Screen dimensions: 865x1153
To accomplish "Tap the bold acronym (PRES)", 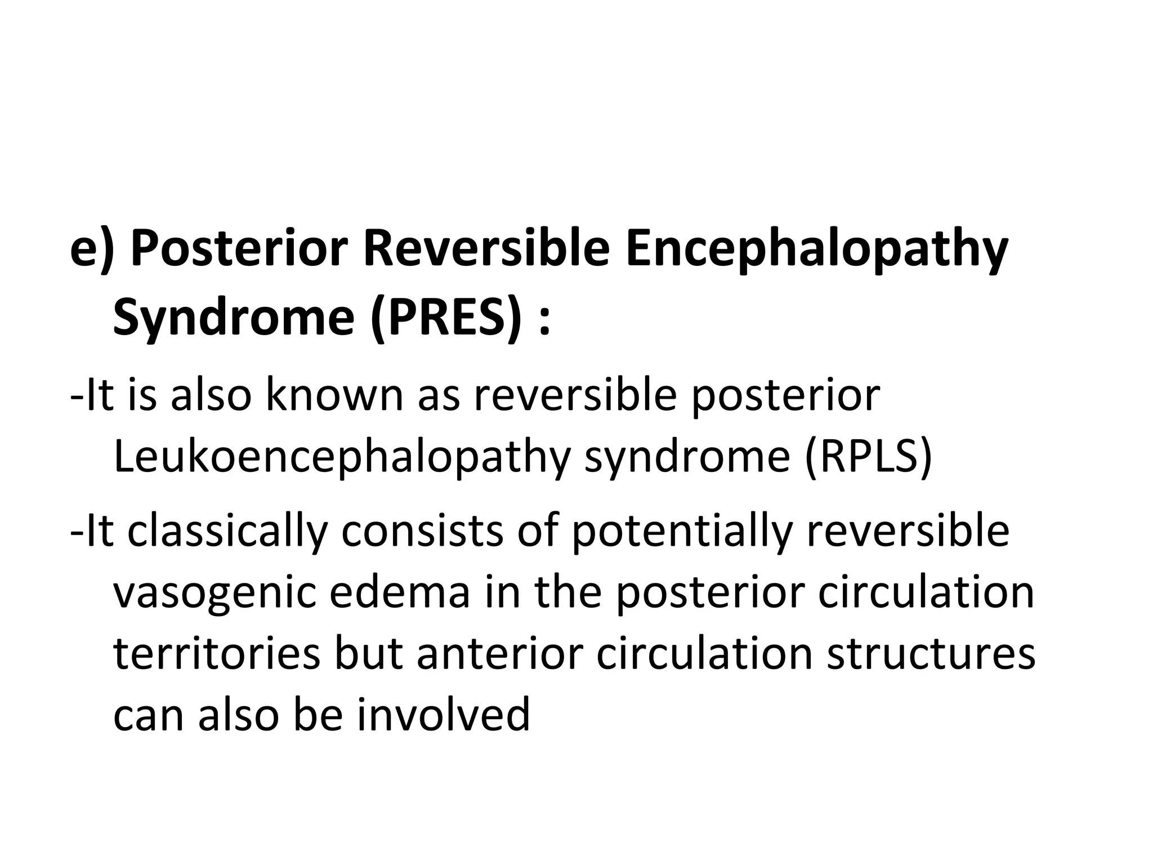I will pos(445,317).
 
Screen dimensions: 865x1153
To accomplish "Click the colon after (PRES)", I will pos(544,321).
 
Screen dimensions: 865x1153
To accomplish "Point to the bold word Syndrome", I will pos(233,317).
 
